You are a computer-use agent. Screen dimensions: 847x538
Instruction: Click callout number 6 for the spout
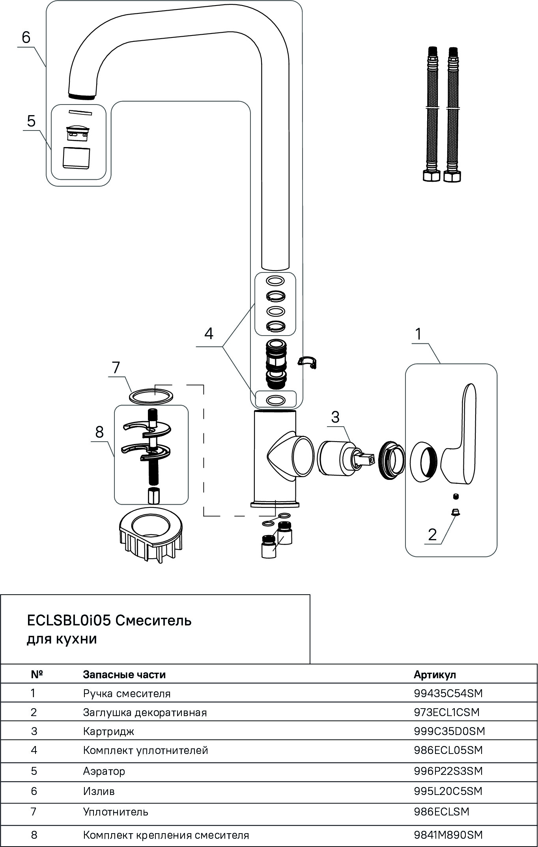(26, 38)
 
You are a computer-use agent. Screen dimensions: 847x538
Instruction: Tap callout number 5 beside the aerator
(31, 121)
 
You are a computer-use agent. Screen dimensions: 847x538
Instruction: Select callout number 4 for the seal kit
(209, 334)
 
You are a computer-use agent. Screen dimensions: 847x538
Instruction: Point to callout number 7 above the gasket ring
(116, 368)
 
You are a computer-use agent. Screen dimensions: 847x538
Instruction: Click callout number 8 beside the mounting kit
(99, 432)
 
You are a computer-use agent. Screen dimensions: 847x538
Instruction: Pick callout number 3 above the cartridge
(335, 417)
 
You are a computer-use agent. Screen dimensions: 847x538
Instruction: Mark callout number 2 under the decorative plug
(432, 535)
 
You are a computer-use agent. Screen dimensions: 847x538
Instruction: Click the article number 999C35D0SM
(449, 731)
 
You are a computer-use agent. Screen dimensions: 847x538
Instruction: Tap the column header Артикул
(435, 674)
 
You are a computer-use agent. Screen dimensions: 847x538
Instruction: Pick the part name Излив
(99, 791)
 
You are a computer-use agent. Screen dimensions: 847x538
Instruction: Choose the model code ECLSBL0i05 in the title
(69, 621)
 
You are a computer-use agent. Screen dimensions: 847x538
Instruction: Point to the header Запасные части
(124, 674)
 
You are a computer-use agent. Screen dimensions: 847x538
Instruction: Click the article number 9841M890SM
(448, 835)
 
